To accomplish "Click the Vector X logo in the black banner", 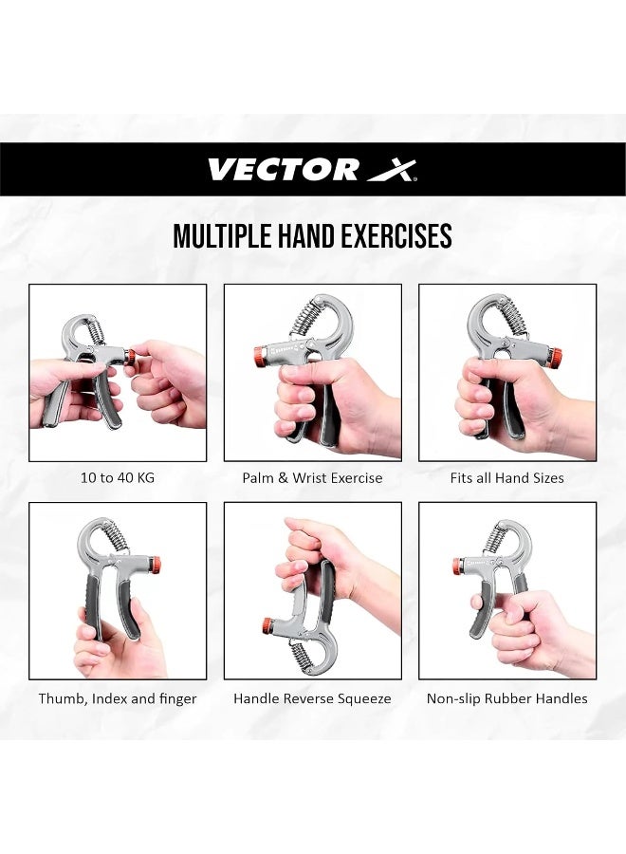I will point(312,170).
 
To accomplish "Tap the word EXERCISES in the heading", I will point(397,236).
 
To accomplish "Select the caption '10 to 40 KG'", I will point(118,478).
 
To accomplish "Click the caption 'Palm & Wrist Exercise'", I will point(312,478).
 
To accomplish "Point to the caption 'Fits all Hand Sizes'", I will point(506,478).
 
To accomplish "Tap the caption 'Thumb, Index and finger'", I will point(118,698).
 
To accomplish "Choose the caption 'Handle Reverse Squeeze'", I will point(312,698).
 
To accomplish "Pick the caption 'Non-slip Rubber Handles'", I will point(506,698).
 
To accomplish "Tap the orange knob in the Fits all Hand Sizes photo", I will point(555,358).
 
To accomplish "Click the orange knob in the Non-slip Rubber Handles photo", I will point(459,566).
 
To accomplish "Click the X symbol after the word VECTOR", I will point(392,170).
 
